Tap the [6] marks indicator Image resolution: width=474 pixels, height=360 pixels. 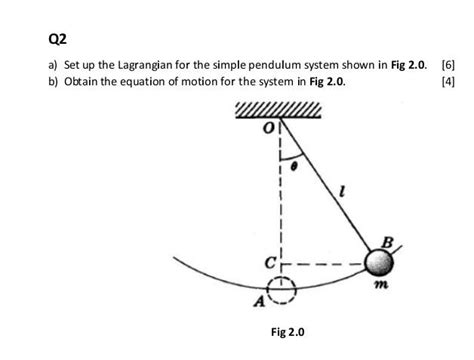[449, 65]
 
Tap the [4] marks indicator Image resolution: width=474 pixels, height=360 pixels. [449, 81]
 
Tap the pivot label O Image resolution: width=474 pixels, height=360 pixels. [269, 128]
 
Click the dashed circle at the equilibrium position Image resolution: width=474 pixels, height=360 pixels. [282, 289]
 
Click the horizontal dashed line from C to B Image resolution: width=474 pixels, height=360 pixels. [325, 267]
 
